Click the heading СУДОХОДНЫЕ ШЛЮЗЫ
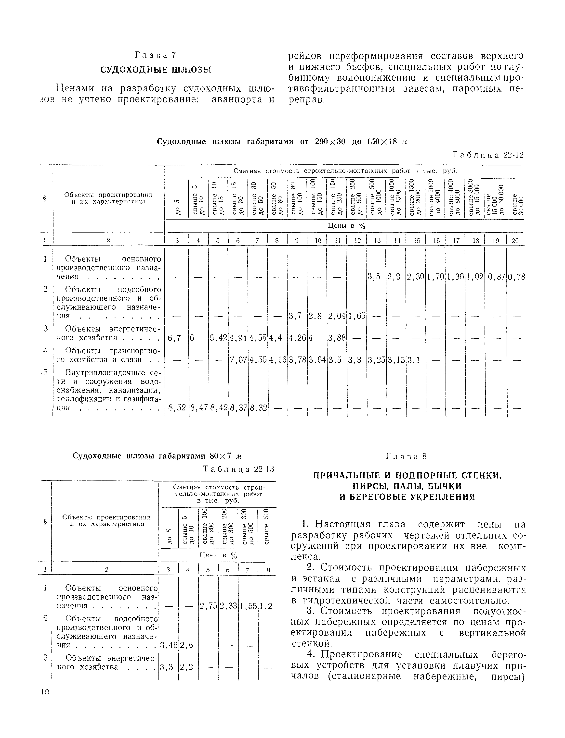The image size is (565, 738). [x=156, y=70]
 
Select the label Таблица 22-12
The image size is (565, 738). [x=488, y=155]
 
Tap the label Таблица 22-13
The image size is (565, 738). [x=239, y=469]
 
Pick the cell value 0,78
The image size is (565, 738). [x=516, y=277]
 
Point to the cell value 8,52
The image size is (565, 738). [x=177, y=408]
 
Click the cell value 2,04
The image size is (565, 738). [x=337, y=316]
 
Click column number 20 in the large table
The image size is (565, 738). [x=515, y=241]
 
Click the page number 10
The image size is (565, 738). [x=45, y=692]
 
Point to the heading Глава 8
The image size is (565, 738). [x=406, y=456]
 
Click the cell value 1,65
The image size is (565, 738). [x=356, y=316]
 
